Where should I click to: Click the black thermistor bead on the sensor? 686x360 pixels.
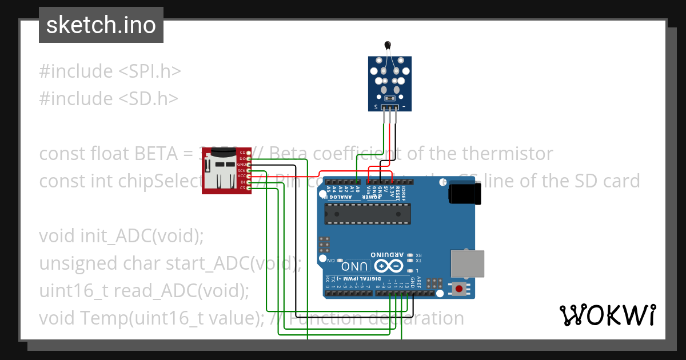(x=389, y=45)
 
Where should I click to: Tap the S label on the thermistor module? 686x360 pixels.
(x=376, y=107)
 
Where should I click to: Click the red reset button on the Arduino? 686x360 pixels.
(x=458, y=289)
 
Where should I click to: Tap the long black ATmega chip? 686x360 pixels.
(x=368, y=213)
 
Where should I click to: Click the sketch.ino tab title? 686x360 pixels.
(x=101, y=25)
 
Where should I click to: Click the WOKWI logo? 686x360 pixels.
(x=607, y=315)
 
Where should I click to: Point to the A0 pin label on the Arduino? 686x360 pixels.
(x=358, y=189)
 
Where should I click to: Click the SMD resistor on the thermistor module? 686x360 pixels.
(x=390, y=98)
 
